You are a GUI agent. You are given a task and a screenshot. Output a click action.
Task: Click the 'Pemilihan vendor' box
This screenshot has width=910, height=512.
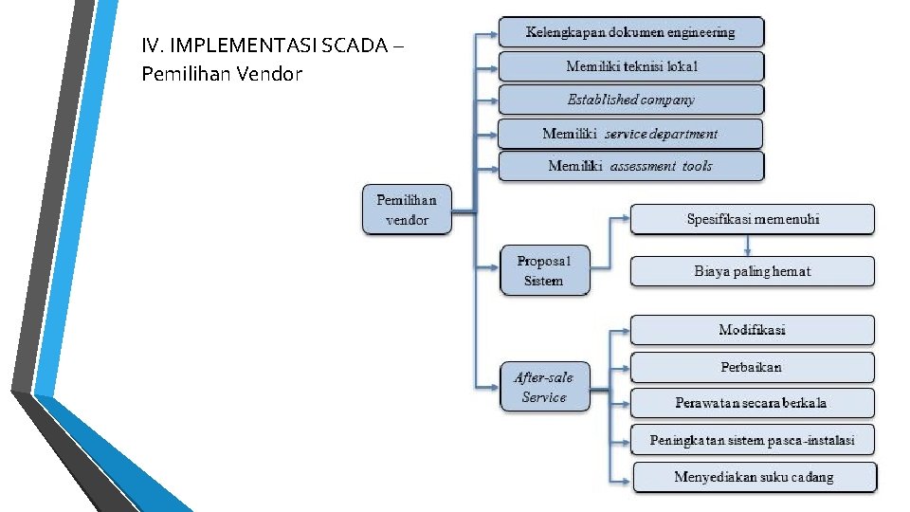click(407, 210)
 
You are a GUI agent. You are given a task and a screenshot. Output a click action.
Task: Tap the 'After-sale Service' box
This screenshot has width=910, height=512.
click(544, 387)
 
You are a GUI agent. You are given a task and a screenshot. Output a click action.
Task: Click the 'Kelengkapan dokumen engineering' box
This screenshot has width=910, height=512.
click(630, 32)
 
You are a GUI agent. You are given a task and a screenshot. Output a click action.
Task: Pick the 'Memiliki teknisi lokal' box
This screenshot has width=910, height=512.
click(630, 66)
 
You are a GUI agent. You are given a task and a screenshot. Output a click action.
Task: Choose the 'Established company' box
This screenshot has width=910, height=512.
click(630, 100)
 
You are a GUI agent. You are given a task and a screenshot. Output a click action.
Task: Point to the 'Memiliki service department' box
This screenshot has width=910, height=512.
click(630, 134)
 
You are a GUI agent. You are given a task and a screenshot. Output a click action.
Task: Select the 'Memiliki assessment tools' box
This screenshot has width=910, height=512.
click(630, 166)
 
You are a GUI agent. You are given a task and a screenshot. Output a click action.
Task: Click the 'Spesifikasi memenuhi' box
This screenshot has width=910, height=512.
click(753, 219)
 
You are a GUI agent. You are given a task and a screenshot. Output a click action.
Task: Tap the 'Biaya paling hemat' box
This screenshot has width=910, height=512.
click(753, 271)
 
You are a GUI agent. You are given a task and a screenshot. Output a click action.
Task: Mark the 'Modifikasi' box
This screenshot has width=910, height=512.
click(753, 330)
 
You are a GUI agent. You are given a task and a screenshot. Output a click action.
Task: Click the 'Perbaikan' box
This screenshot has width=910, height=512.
click(753, 367)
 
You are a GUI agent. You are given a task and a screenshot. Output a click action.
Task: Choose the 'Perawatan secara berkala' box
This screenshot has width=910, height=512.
click(753, 403)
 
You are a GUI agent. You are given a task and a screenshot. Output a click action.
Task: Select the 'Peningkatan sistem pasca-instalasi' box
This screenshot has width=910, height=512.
click(753, 440)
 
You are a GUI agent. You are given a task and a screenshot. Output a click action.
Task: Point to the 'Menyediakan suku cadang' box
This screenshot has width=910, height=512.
click(755, 477)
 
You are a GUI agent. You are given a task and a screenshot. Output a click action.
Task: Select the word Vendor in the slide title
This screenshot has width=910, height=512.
click(270, 73)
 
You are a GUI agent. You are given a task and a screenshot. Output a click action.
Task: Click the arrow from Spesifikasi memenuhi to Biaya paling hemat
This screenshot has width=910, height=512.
click(749, 246)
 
